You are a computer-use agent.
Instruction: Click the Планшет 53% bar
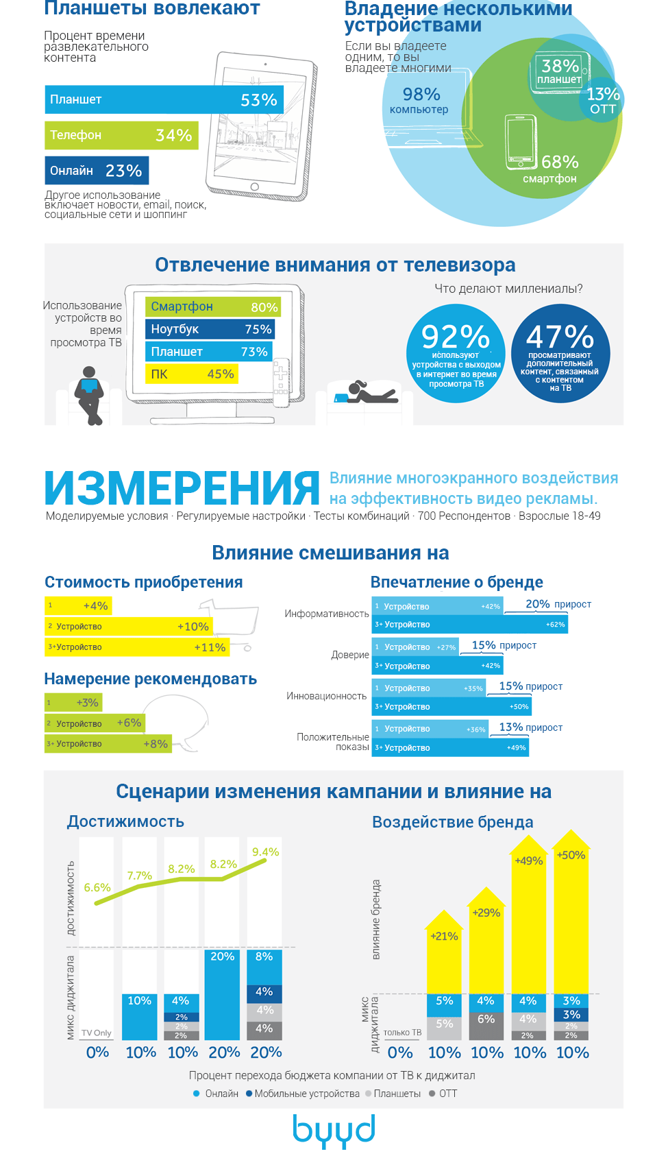click(164, 99)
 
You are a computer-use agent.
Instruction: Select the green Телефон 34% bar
click(121, 135)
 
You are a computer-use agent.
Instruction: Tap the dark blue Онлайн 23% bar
click(97, 171)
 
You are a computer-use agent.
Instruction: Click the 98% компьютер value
click(420, 100)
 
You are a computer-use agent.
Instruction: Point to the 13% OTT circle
click(602, 100)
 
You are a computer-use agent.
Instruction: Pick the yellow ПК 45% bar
click(192, 374)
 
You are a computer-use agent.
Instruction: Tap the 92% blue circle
click(456, 353)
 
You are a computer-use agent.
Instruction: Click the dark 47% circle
click(560, 353)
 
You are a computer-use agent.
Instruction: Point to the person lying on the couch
click(370, 393)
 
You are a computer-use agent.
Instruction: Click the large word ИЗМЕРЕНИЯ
click(182, 488)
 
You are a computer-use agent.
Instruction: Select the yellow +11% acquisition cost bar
click(136, 647)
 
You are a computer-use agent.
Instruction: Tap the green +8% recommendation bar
click(108, 744)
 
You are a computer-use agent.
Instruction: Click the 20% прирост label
click(558, 604)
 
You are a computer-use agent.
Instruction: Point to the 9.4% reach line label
click(265, 852)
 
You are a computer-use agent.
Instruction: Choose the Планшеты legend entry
click(393, 1094)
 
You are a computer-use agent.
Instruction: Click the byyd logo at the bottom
click(334, 1130)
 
